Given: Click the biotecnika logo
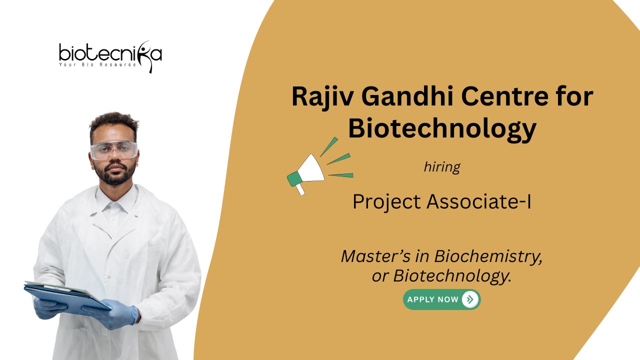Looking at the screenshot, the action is [x=110, y=56].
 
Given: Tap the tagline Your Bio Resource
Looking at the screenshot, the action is [x=97, y=64].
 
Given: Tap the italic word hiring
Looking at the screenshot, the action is [x=442, y=167].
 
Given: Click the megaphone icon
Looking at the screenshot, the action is [x=320, y=166].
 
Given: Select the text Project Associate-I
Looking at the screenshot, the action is [x=442, y=201].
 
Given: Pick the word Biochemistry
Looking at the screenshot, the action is [x=488, y=256].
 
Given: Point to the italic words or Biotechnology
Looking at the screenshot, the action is [x=441, y=276].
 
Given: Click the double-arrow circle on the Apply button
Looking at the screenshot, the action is [x=470, y=299].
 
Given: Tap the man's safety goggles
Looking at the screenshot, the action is [x=114, y=150].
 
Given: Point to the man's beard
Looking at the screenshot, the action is [x=115, y=174].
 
